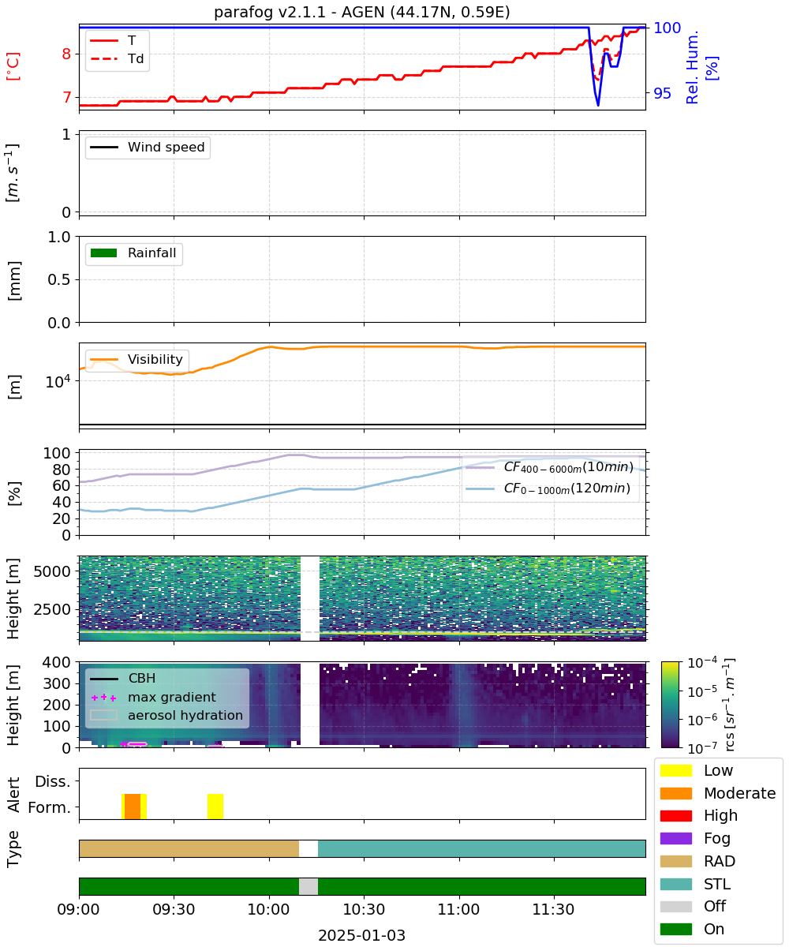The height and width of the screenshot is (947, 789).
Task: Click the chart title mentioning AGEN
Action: coord(362,12)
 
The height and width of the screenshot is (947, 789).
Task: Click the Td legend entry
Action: coord(117,58)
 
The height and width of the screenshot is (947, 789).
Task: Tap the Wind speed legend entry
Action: coord(148,147)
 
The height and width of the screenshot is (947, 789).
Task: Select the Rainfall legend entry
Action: coord(133,253)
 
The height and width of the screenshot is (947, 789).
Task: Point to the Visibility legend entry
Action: coord(136,359)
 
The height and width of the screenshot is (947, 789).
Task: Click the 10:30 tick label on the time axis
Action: coord(364,909)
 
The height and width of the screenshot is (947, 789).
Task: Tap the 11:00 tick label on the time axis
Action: coord(458,909)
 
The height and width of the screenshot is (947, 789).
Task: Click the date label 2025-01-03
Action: coord(362,934)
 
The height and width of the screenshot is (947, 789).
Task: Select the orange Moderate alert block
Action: coord(133,806)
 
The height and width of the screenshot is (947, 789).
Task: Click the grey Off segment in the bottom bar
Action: coord(308,886)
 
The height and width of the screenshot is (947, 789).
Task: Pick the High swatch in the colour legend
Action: coord(676,816)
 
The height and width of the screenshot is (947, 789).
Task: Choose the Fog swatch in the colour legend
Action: coord(676,838)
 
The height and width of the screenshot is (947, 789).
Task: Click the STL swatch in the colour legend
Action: coord(676,884)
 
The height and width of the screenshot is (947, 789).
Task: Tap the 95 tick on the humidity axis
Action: coord(663,93)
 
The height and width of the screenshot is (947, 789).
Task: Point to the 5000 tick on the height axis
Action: coord(52,571)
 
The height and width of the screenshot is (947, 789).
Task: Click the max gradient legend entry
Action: coord(153,697)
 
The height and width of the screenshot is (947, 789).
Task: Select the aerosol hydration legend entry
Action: coord(166,715)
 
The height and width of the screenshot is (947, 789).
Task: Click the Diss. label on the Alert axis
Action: coord(53,781)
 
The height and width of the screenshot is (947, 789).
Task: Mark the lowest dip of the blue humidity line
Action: coord(598,105)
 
